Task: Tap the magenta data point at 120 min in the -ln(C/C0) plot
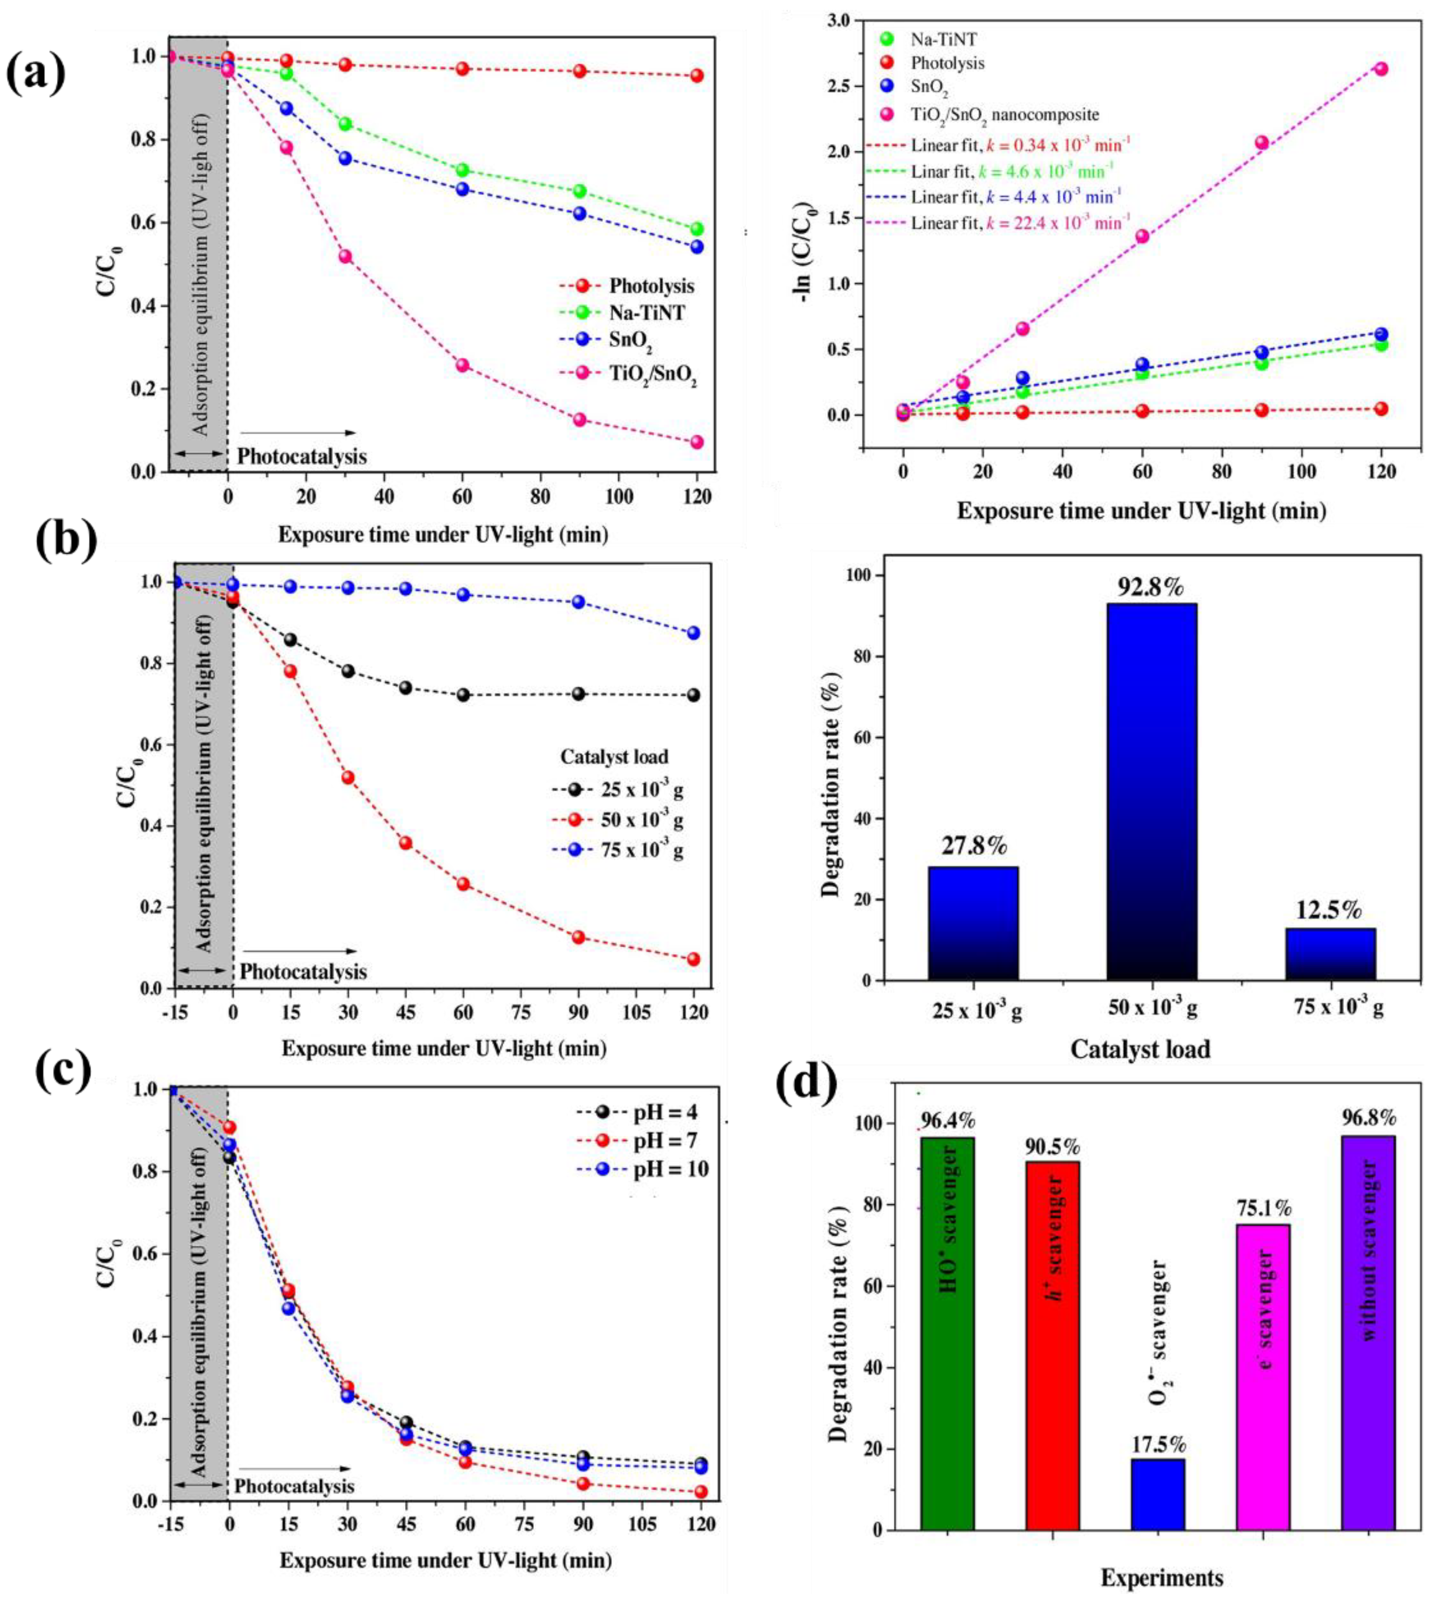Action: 1381,69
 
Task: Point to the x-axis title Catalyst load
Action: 1140,1049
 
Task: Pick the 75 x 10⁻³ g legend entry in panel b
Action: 640,851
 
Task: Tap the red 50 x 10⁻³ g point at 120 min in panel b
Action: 693,959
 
